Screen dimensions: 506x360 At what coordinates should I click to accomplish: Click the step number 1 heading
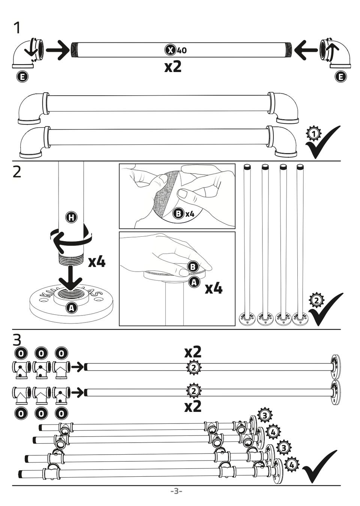(16, 28)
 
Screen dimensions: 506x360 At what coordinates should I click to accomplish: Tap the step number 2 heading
(17, 172)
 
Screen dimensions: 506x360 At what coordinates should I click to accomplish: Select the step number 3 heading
(17, 339)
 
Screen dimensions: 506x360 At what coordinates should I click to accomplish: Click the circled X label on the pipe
(170, 50)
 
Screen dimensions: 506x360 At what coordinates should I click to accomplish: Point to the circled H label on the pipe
(71, 217)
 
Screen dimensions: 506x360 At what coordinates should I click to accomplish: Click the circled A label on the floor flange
(71, 308)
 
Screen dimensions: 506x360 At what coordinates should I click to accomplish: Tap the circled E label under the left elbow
(22, 77)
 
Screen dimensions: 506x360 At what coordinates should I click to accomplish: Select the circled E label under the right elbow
(340, 77)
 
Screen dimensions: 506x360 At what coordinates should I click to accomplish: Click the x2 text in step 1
(173, 67)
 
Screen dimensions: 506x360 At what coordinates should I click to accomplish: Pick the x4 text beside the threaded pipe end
(97, 261)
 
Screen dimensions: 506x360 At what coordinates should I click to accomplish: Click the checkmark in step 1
(323, 142)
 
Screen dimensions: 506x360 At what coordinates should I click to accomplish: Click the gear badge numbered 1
(314, 134)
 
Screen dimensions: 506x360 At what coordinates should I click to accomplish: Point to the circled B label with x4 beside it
(178, 214)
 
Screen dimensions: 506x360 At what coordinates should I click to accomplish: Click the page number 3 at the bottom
(176, 491)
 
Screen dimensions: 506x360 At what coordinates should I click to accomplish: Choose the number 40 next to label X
(182, 50)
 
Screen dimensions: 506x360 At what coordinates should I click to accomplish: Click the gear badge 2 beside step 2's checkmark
(316, 300)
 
